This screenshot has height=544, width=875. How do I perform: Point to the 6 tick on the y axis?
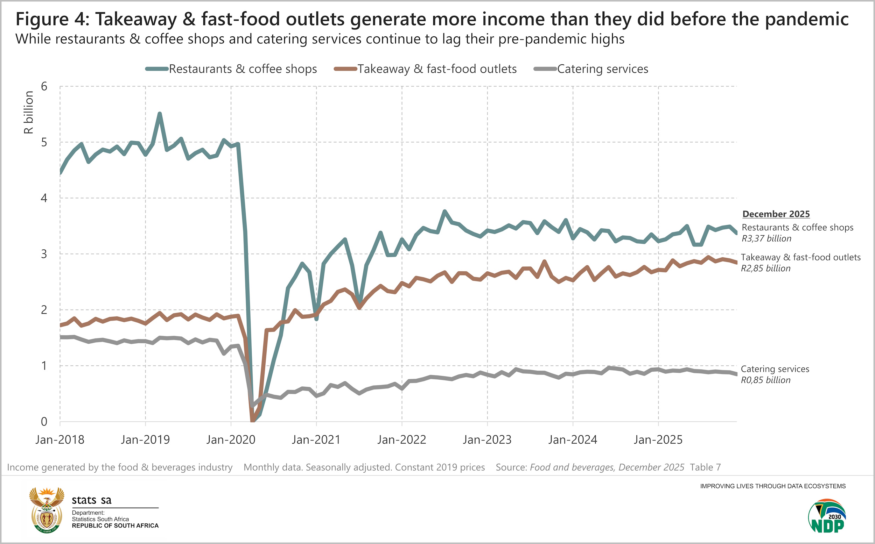44,86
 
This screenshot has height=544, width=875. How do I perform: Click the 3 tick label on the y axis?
44,254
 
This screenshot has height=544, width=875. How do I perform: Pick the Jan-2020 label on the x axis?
231,440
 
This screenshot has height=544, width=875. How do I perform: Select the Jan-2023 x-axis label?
487,440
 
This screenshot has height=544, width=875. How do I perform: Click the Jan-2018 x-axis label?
60,440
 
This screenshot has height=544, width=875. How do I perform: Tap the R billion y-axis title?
28,112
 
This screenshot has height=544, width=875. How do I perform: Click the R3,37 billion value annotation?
766,238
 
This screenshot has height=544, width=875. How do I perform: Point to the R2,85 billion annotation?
765,269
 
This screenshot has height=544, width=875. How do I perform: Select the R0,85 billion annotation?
765,380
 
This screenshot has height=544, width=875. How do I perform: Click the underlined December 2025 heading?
776,214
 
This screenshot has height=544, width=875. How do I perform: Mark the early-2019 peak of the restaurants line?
160,114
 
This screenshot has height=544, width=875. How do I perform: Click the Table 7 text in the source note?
705,467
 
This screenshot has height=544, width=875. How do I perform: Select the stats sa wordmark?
91,500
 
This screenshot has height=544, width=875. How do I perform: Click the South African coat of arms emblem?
47,510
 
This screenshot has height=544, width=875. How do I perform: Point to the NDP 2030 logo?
827,516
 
